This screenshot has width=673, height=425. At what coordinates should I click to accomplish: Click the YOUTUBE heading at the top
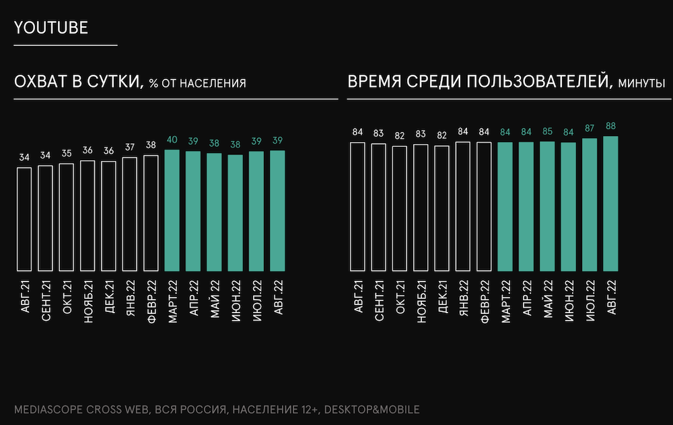tap(52, 28)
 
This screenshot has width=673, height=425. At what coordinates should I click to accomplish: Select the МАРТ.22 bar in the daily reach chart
tap(172, 209)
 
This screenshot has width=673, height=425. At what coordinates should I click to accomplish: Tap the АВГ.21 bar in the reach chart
tap(24, 218)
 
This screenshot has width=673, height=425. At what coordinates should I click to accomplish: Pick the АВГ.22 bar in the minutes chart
tap(611, 203)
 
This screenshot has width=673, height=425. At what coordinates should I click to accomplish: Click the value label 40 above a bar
tap(172, 140)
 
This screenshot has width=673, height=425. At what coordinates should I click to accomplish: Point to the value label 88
tap(611, 126)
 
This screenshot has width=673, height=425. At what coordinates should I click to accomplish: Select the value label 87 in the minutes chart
tap(590, 128)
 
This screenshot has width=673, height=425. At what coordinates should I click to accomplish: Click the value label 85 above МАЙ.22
tap(548, 131)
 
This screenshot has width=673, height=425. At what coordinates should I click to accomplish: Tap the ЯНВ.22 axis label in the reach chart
tap(131, 300)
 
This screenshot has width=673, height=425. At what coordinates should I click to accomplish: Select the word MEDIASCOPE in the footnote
tap(47, 409)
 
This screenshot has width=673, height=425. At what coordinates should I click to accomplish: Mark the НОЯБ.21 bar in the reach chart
tap(87, 215)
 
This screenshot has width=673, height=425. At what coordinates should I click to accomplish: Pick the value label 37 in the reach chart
tap(130, 148)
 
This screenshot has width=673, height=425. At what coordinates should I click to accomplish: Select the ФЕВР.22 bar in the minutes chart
tap(485, 205)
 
